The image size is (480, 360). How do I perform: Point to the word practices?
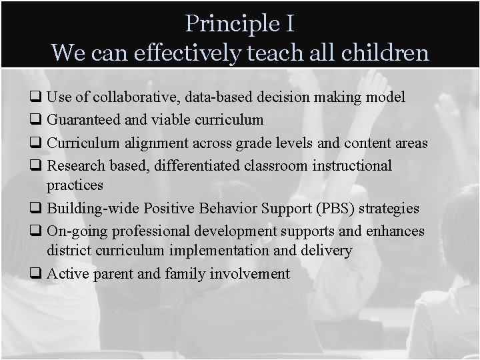[75, 184]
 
